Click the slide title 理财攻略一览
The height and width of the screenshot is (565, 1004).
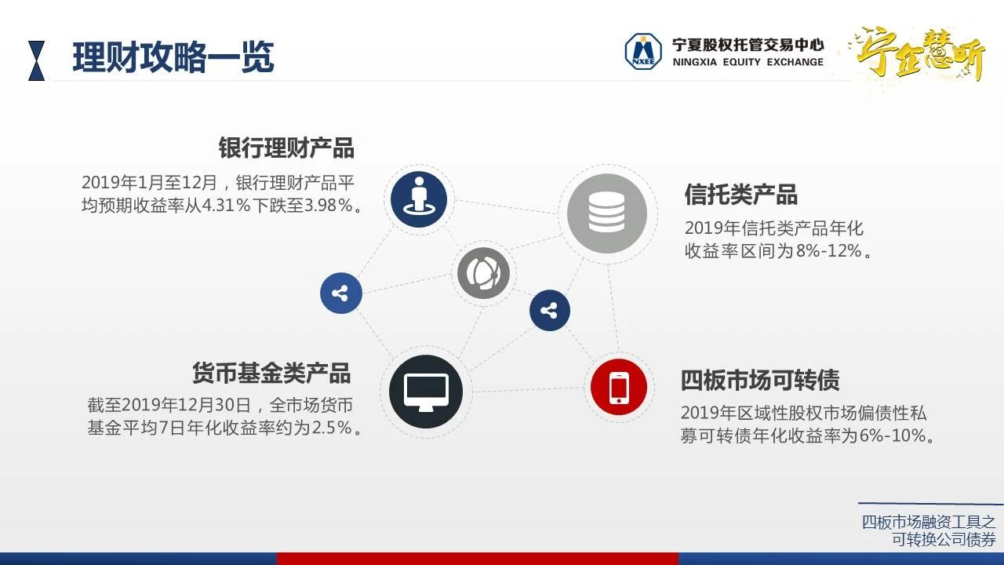173,57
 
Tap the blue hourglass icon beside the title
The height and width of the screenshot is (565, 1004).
36,60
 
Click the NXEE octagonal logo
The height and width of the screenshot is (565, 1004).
643,52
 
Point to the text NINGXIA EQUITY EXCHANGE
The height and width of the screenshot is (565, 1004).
748,62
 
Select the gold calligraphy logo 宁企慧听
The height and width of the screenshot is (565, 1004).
919,54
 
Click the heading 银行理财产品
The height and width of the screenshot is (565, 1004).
286,148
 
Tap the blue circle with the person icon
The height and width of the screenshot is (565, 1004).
419,199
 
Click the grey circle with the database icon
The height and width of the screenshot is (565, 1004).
607,213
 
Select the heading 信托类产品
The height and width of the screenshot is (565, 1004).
741,195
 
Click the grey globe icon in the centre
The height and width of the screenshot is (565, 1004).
484,273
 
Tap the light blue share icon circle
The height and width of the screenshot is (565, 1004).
341,293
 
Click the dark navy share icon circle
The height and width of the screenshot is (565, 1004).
550,310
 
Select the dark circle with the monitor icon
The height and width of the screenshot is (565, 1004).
426,392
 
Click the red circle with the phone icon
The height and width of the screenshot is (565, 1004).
619,387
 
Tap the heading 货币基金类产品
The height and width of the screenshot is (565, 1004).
271,373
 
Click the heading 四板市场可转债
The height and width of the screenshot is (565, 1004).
760,381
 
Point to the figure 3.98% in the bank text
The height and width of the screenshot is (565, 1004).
329,206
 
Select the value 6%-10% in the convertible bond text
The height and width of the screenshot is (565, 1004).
893,436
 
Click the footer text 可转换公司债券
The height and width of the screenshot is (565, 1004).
944,539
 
